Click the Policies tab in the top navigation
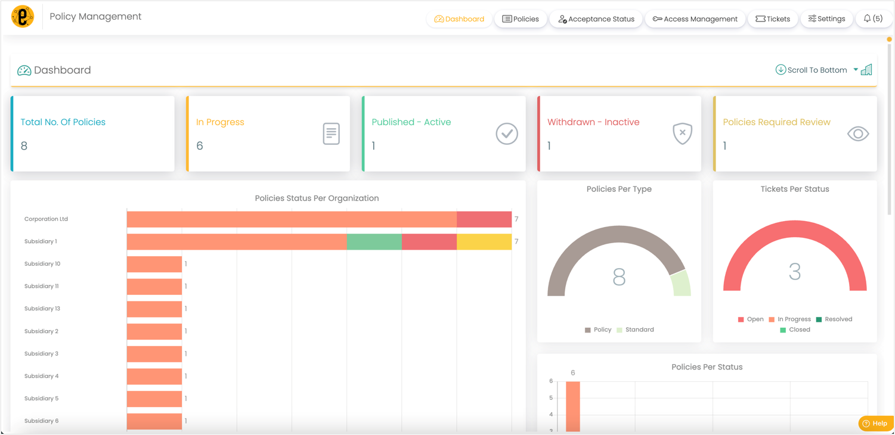[x=521, y=19]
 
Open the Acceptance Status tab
[x=596, y=19]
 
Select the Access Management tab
[x=695, y=19]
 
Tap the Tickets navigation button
[x=773, y=19]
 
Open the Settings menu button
[x=826, y=19]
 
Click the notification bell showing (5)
[x=873, y=19]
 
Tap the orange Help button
[x=875, y=423]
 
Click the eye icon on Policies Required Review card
[x=857, y=134]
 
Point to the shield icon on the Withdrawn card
[x=682, y=133]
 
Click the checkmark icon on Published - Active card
[x=507, y=133]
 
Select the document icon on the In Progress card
[x=331, y=133]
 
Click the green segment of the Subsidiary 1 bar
[x=374, y=241]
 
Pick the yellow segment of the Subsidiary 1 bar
[x=484, y=241]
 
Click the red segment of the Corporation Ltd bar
[x=484, y=219]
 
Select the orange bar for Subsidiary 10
[x=154, y=264]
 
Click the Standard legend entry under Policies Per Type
[x=636, y=330]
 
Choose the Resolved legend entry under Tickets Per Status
[x=834, y=319]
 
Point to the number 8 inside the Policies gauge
[x=619, y=277]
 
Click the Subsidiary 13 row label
[x=42, y=309]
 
